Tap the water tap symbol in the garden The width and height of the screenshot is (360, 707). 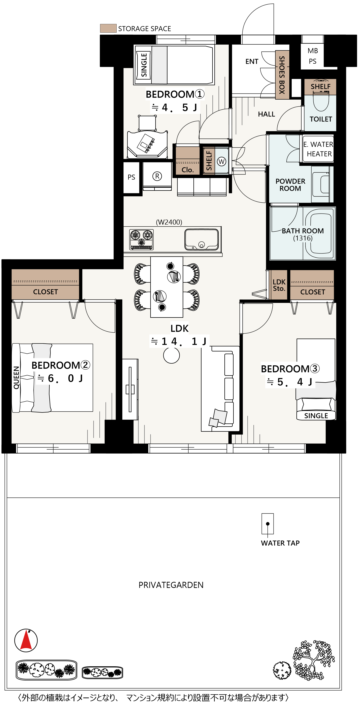coord(268,524)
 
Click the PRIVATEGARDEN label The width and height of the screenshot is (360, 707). coord(171,585)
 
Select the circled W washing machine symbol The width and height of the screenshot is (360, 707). coord(221,161)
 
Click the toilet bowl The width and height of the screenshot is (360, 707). coord(321,102)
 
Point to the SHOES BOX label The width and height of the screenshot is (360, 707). coord(282,75)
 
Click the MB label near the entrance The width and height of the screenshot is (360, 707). coord(313,51)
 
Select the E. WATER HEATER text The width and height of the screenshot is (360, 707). coord(319,149)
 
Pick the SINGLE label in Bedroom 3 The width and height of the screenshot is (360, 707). coord(316,416)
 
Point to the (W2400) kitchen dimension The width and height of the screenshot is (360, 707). coord(169,222)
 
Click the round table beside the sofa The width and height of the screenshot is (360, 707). coord(172,355)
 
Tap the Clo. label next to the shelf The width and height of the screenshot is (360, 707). coord(188,170)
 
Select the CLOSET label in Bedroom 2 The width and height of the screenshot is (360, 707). coord(45,292)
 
